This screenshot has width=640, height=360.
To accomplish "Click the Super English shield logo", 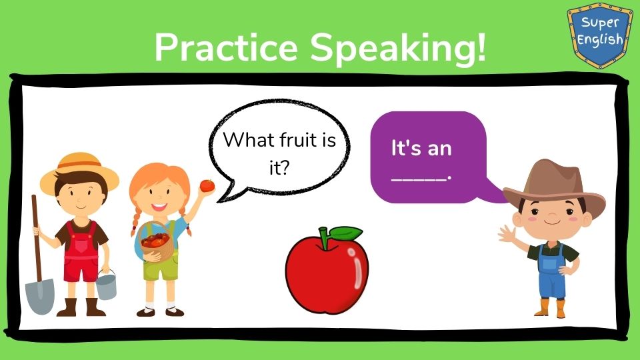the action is tap(599, 35).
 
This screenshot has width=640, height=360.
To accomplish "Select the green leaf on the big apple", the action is tap(345, 234).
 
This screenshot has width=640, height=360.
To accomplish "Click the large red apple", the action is tap(327, 271).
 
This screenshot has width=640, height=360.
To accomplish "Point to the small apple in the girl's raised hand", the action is tap(207, 186).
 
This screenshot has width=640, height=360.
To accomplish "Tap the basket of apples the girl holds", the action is tap(156, 241).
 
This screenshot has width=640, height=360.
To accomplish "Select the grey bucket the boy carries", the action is tap(106, 286).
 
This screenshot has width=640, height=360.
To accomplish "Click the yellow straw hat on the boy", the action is tap(79, 171).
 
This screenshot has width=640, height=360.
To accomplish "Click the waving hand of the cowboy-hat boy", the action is tap(506, 234).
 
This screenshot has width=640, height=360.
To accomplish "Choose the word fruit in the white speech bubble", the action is tap(299, 140).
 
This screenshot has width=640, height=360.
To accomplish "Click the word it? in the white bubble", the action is tap(279, 167).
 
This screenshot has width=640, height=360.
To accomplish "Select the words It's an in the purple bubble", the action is tap(421, 148).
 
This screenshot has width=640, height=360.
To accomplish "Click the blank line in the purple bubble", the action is tap(419, 179).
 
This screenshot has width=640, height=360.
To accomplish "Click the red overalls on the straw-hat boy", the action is tap(81, 253).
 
